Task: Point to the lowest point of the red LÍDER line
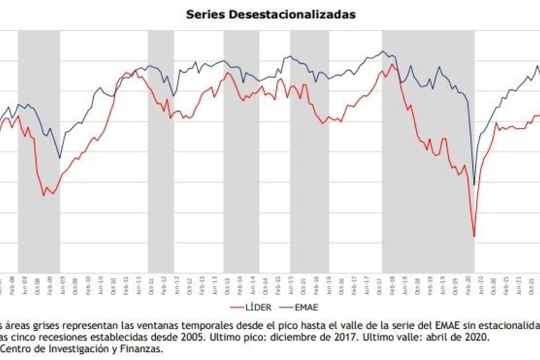coord(474,236)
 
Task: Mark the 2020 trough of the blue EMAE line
coord(474,184)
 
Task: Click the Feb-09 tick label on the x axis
coord(50,283)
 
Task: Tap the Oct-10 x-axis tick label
coord(114,283)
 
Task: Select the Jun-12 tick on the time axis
coord(177,283)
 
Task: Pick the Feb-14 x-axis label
coord(240,283)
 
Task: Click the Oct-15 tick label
coord(304,283)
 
